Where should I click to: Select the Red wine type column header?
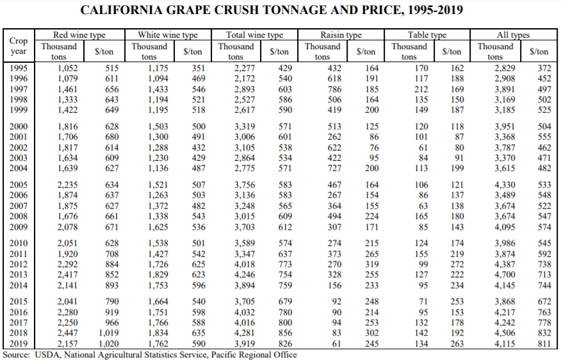pyautogui.click(x=79, y=35)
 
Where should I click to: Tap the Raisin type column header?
pyautogui.click(x=341, y=35)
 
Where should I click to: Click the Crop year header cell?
pyautogui.click(x=19, y=45)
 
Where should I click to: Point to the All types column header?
pyautogui.click(x=513, y=35)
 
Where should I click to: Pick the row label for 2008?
pyautogui.click(x=19, y=218)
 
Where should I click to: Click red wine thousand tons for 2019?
pyautogui.click(x=68, y=344)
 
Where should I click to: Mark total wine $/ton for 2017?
pyautogui.click(x=284, y=323)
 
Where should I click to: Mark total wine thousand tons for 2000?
pyautogui.click(x=245, y=127)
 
